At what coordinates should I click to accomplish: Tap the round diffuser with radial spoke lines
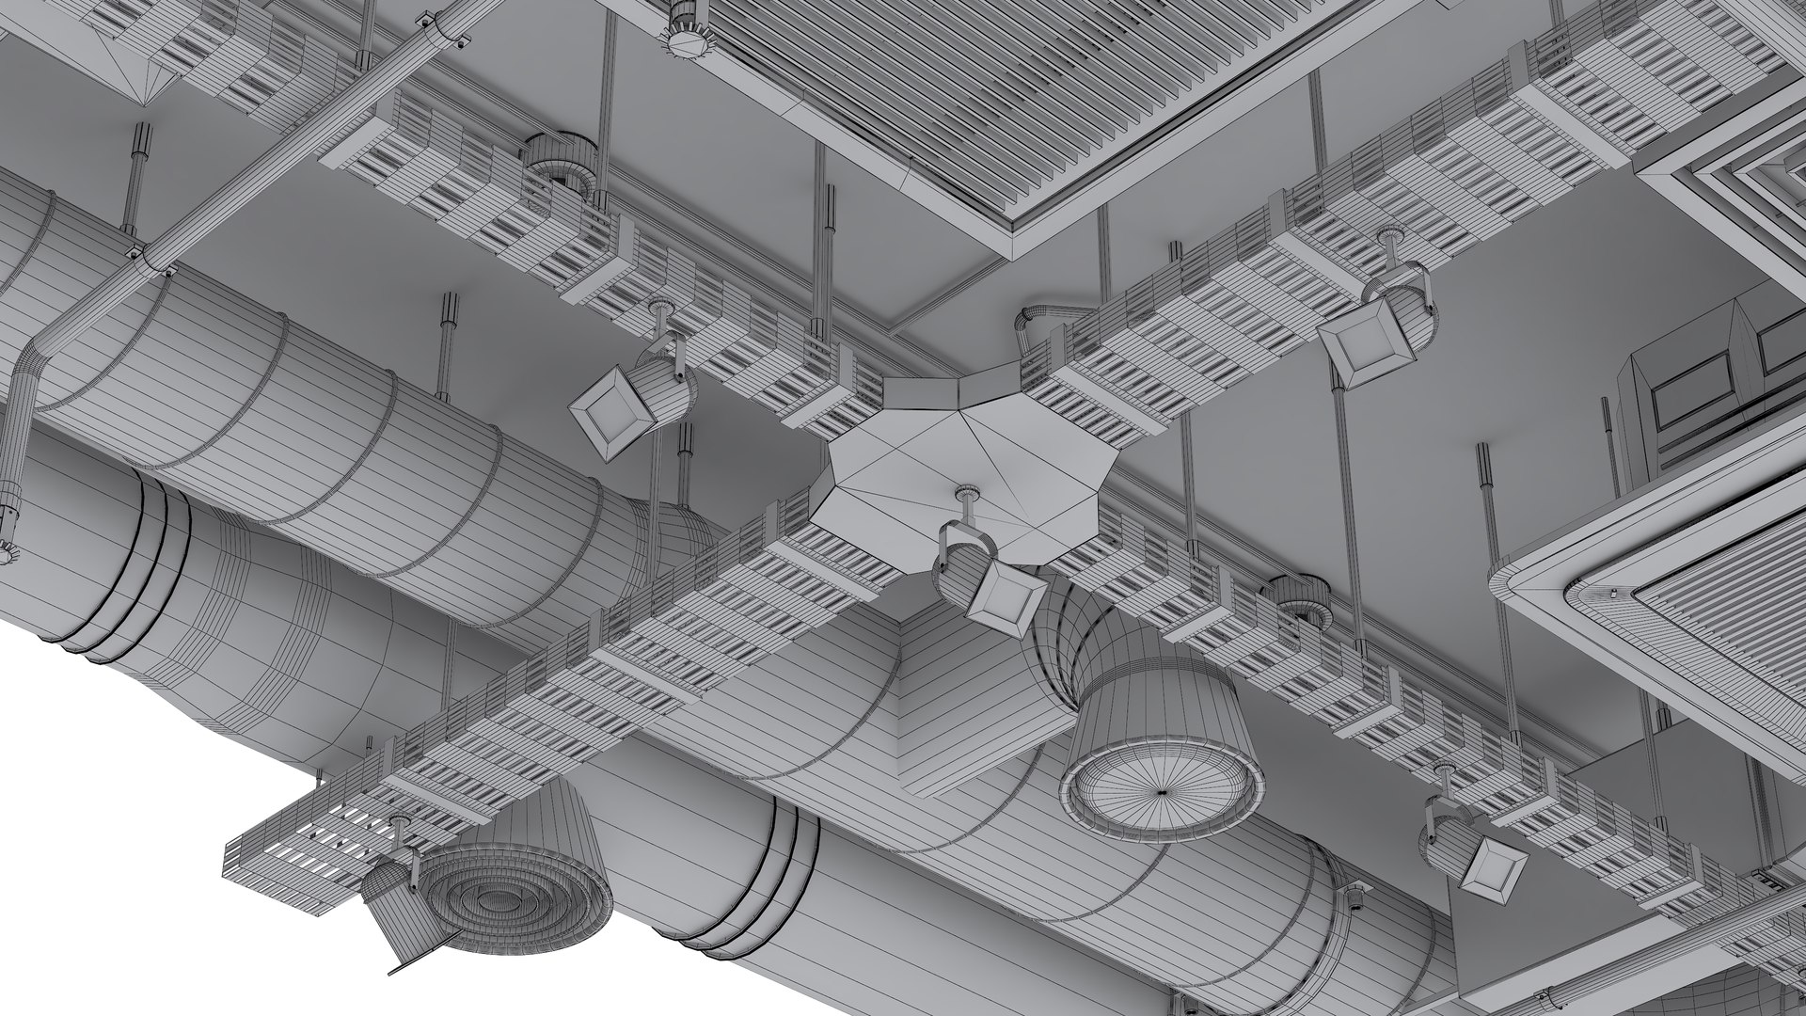1163,790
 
